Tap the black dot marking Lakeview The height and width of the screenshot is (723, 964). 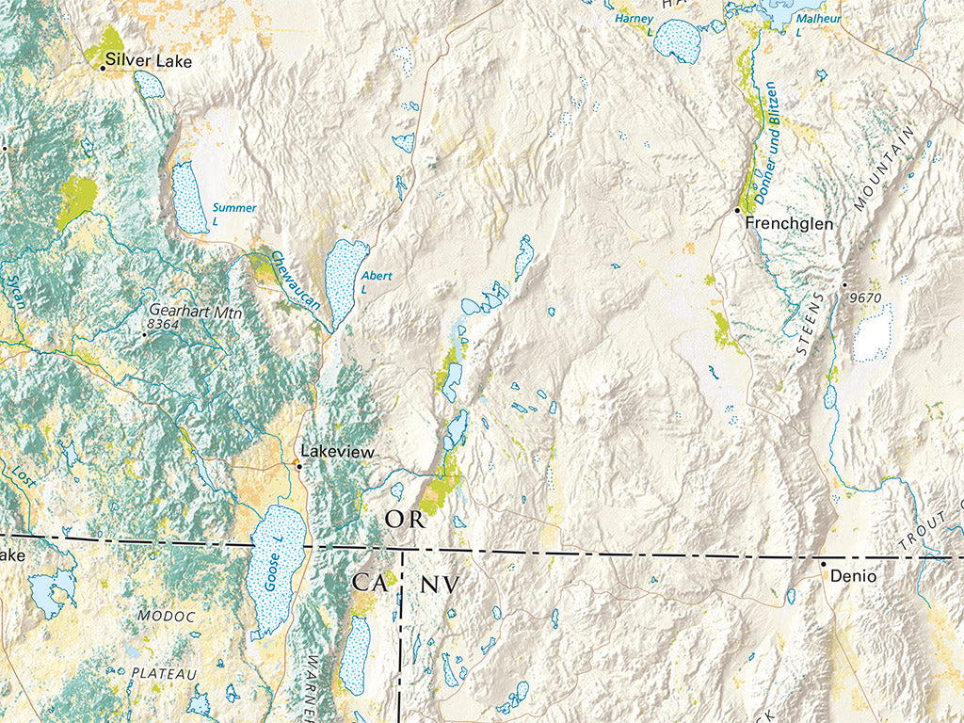coord(299,465)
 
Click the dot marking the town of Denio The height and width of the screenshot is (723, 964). coord(823,564)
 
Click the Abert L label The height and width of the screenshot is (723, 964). coord(376,281)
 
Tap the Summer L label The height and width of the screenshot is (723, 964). coord(233,213)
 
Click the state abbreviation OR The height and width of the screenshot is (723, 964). coord(406,520)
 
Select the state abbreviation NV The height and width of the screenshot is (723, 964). coord(439,585)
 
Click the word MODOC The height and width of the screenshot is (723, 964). coord(166,617)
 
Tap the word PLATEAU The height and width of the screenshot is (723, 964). coord(163,673)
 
